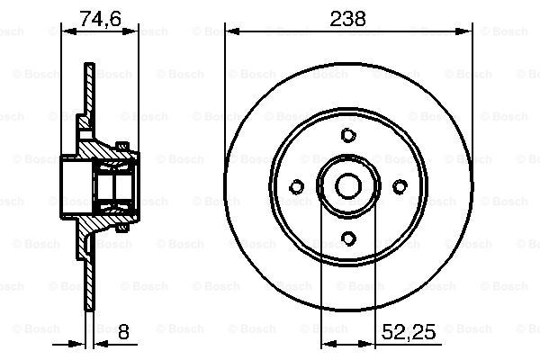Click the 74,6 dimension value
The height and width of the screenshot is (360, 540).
pyautogui.click(x=100, y=19)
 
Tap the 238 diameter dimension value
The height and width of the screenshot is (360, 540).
pyautogui.click(x=347, y=19)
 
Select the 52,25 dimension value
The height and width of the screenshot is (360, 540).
pyautogui.click(x=409, y=332)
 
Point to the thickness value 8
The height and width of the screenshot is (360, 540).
pyautogui.click(x=123, y=332)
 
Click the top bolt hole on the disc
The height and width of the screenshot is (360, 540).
pyautogui.click(x=348, y=135)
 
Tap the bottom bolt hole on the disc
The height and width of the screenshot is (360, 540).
pyautogui.click(x=348, y=238)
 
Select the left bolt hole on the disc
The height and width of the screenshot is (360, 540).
pyautogui.click(x=296, y=186)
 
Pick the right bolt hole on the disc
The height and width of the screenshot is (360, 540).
pyautogui.click(x=400, y=186)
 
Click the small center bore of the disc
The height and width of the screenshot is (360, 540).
pyautogui.click(x=348, y=186)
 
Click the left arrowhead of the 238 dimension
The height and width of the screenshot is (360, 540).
pyautogui.click(x=233, y=31)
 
